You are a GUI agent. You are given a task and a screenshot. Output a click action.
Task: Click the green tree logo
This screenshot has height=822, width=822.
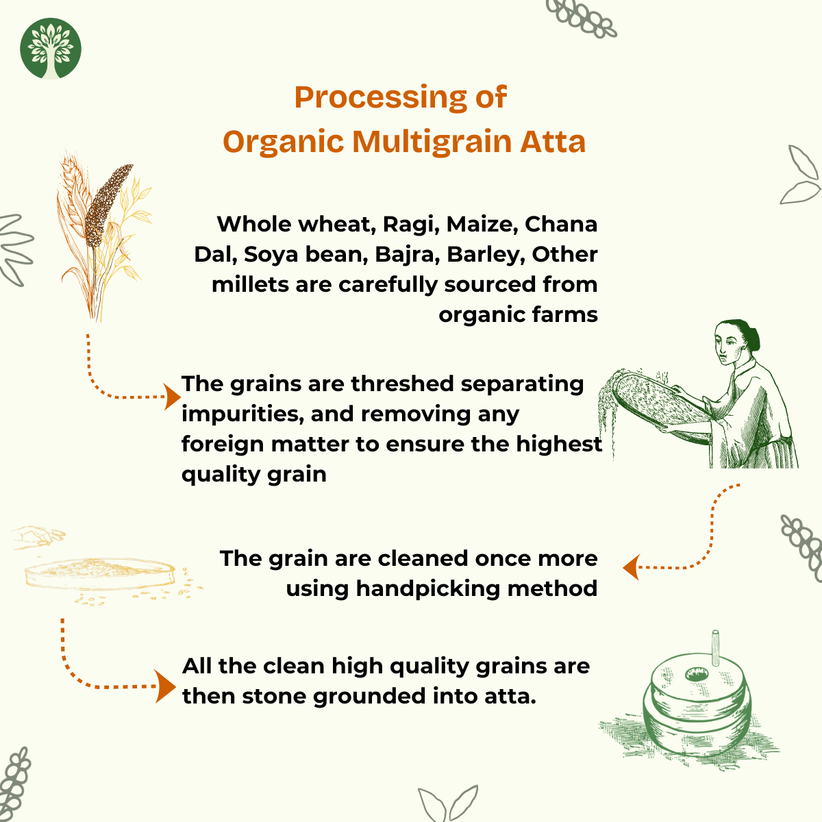coord(50,49)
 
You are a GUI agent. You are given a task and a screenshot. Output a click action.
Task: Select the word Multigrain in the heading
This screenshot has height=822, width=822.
coord(432,142)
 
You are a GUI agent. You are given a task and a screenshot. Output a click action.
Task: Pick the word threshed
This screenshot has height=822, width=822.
coord(402,384)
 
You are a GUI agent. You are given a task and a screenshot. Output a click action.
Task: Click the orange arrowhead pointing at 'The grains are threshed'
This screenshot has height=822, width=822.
coord(173,397)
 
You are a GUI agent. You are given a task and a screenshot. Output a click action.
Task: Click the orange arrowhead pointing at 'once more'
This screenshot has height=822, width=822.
coord(632,567)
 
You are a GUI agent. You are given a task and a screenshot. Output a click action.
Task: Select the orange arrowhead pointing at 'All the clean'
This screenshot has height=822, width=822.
coord(165,686)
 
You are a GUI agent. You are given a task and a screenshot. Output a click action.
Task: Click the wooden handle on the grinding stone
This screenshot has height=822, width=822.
coord(716,647)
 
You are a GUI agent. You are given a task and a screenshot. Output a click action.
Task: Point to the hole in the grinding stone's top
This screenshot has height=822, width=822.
coord(697,674)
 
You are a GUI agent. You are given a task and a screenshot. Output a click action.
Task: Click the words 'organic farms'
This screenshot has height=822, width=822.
coord(519,315)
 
